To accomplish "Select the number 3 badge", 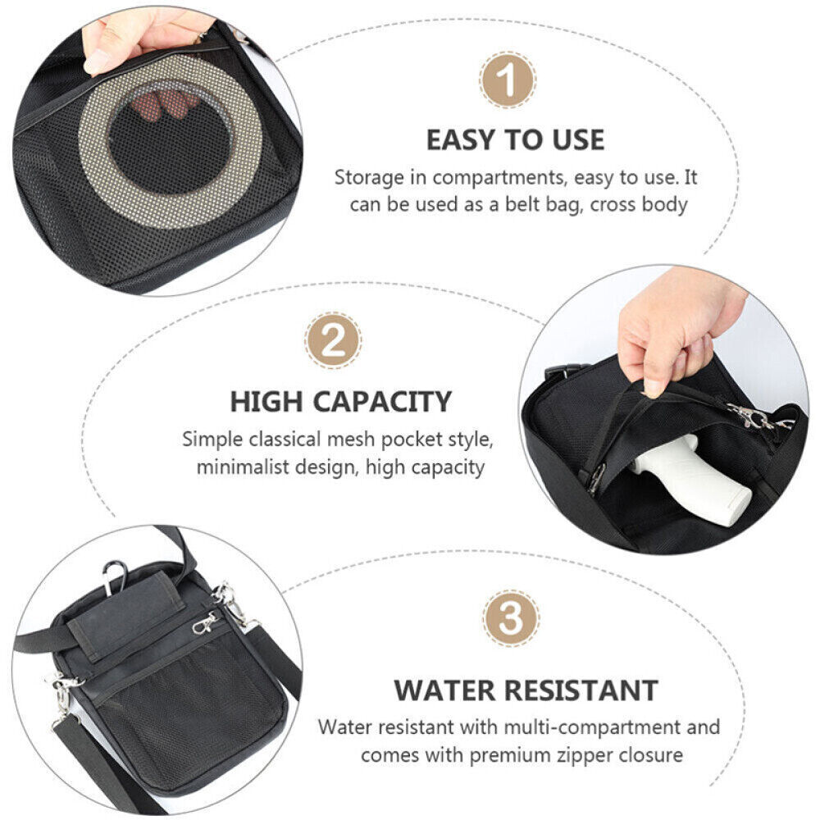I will pyautogui.click(x=511, y=617).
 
